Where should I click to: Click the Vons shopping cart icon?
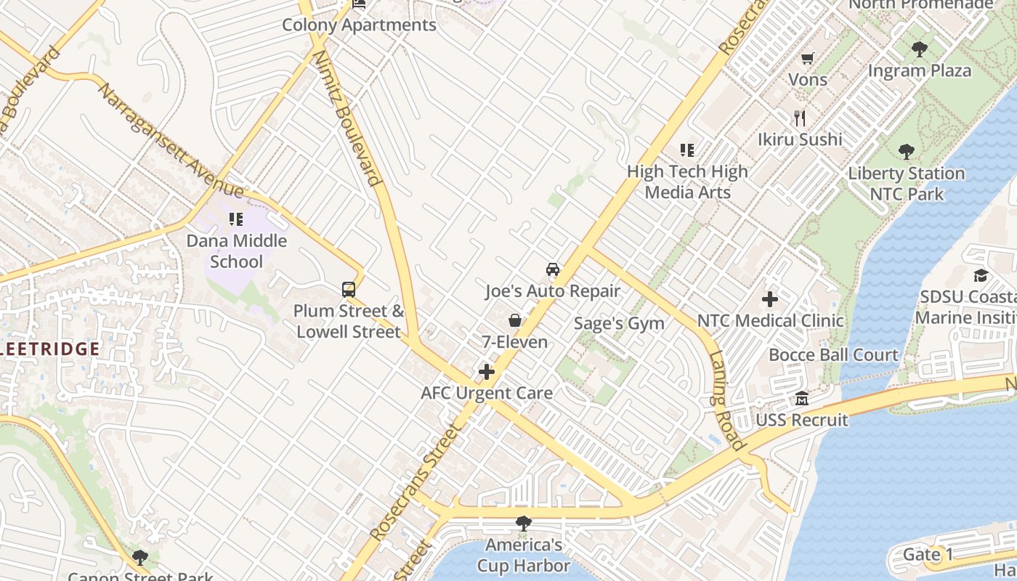pos(807,58)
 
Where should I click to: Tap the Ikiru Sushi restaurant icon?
pos(800,118)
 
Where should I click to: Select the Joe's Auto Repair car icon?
pos(553,269)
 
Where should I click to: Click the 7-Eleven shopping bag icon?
pos(515,320)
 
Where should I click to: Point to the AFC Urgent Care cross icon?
pos(487,373)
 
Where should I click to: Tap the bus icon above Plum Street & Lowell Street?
pos(349,290)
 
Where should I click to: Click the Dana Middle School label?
pos(237,251)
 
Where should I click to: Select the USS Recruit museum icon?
pos(802,399)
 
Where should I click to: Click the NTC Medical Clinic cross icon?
pos(770,299)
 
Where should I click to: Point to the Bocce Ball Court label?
pos(833,355)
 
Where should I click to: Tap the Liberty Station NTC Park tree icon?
pos(906,152)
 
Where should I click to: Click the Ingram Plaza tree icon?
pos(919,49)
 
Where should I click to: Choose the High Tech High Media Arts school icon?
pos(687,150)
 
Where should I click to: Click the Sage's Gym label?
pos(619,323)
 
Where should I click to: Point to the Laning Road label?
pos(726,400)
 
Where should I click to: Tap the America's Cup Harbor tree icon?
pos(523,523)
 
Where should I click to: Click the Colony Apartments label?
pos(359,25)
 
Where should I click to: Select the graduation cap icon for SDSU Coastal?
pos(981,275)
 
